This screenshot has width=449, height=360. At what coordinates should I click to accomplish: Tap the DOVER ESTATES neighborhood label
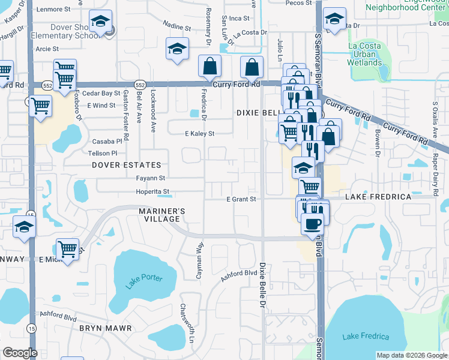[x=127, y=165]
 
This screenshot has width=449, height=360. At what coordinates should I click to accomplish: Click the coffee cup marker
[x=312, y=224]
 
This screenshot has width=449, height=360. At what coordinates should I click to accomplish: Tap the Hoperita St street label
[x=154, y=192]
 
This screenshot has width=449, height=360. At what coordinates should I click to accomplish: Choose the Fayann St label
[x=150, y=178]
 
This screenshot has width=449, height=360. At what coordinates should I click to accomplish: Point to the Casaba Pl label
[x=107, y=141]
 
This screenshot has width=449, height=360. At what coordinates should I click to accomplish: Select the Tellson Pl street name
[x=106, y=153]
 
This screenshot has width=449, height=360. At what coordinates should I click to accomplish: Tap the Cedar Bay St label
[x=101, y=94]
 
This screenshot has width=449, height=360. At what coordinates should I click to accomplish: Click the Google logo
[x=20, y=353]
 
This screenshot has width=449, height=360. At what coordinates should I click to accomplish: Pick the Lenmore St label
[x=58, y=9]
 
